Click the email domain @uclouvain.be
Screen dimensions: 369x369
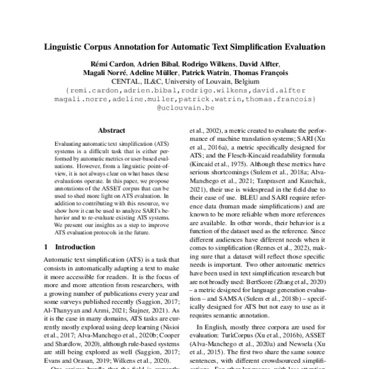(x=184, y=106)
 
